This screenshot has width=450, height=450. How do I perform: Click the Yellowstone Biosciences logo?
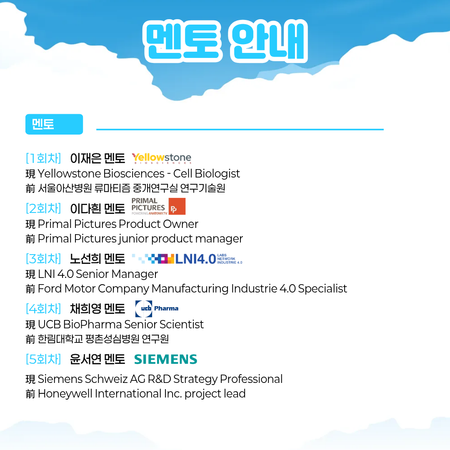(x=162, y=158)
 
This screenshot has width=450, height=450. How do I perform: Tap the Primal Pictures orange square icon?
(x=177, y=206)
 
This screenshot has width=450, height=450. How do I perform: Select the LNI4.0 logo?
(x=187, y=259)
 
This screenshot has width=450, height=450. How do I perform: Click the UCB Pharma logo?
(x=157, y=309)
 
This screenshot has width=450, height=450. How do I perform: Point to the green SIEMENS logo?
(x=165, y=359)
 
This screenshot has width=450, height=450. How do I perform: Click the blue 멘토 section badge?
(x=54, y=124)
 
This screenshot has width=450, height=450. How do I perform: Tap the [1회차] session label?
(x=43, y=158)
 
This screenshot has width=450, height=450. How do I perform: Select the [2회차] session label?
(x=43, y=208)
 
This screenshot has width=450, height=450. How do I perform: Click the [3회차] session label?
(x=43, y=259)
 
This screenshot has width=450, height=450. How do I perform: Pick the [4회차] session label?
(x=43, y=309)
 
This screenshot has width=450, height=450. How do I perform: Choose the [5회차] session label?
(x=43, y=359)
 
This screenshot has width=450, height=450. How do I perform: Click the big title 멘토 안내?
(x=225, y=41)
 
